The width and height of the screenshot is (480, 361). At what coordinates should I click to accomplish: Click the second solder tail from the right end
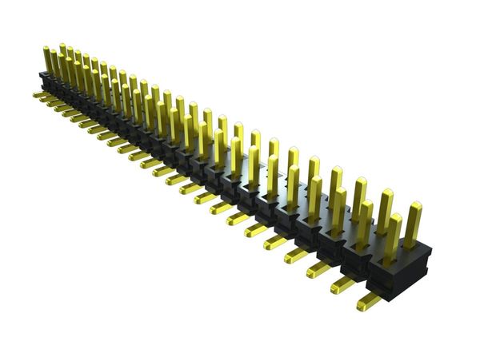pos(342,284)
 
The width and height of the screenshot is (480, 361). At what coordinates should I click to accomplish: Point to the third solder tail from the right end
pos(318,270)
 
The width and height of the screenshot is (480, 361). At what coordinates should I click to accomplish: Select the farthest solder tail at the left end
pos(38,94)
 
